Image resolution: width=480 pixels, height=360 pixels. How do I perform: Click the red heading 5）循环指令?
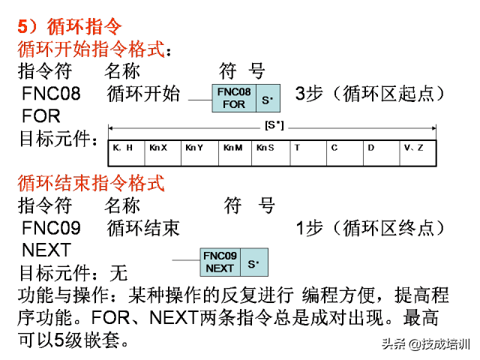[x=70, y=27]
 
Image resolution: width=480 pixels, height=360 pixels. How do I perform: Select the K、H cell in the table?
[x=127, y=153]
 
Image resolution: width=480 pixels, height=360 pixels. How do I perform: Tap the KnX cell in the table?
[x=163, y=153]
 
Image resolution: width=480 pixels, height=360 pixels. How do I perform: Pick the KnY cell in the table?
[x=200, y=153]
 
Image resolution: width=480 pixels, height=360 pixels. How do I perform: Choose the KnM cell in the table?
[x=235, y=153]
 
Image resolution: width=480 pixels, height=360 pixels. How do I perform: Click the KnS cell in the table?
[x=271, y=153]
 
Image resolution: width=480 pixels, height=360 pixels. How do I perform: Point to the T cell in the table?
[x=308, y=153]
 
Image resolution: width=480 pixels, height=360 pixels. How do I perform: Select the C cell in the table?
[x=345, y=153]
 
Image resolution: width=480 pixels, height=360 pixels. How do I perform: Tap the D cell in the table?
[x=382, y=153]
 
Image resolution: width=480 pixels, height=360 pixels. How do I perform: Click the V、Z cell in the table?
[x=418, y=153]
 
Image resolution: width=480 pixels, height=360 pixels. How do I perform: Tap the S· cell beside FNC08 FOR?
[x=268, y=98]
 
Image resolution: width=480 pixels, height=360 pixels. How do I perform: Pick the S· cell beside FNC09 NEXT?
[x=254, y=262]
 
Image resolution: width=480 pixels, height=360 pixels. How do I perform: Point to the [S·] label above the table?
[x=274, y=125]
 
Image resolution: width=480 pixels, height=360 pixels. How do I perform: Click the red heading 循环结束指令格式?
[x=91, y=183]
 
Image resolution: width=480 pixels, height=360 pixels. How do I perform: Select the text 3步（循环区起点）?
[x=370, y=94]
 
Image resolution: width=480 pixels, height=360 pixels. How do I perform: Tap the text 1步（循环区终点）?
[x=370, y=228]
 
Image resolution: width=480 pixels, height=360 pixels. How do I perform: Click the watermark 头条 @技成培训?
[x=426, y=344]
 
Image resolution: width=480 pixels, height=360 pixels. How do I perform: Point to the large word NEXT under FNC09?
[x=46, y=250]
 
